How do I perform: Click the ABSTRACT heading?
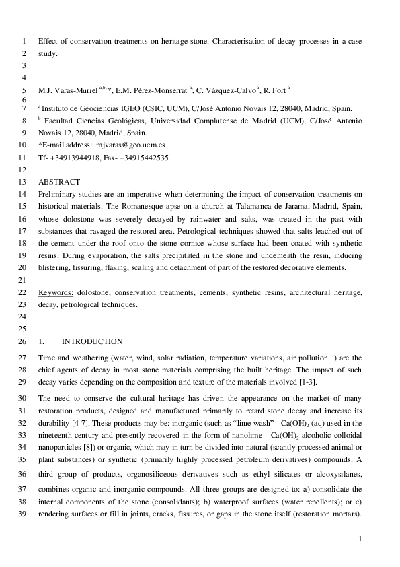[59, 182]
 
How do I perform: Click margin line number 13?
[21, 182]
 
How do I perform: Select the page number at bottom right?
[360, 539]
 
